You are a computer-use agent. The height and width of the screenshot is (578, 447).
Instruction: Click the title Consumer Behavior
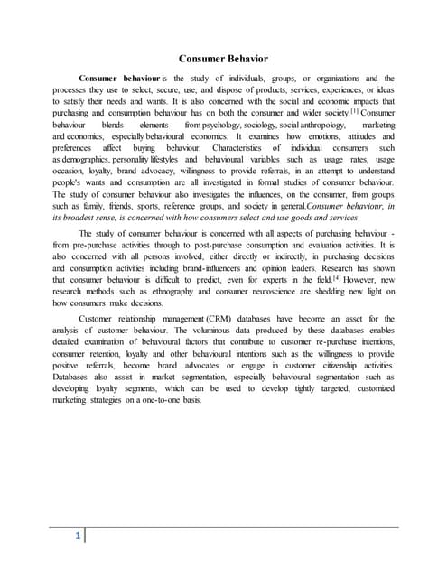coord(223,60)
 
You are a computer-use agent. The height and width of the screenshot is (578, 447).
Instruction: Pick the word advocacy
coord(155,171)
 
